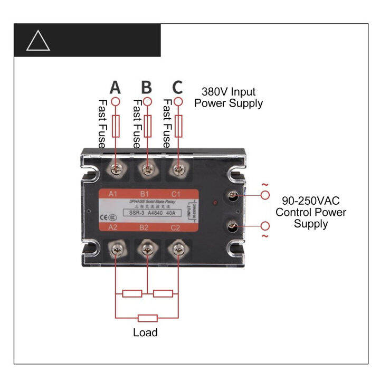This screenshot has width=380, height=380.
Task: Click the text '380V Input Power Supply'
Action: pos(228,98)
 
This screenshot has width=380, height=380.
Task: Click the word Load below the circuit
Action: pos(145,332)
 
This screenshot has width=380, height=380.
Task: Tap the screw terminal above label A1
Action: pos(115,169)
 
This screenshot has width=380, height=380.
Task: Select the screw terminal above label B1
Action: pos(147,169)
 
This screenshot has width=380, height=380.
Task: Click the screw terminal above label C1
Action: pos(178,169)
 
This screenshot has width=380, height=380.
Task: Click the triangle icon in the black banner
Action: pos(38,40)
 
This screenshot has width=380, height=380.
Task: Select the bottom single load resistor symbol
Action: pos(147,318)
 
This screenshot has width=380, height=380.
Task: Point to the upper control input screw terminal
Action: pos(232,196)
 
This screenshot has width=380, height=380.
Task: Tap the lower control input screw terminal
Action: pos(232,227)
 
